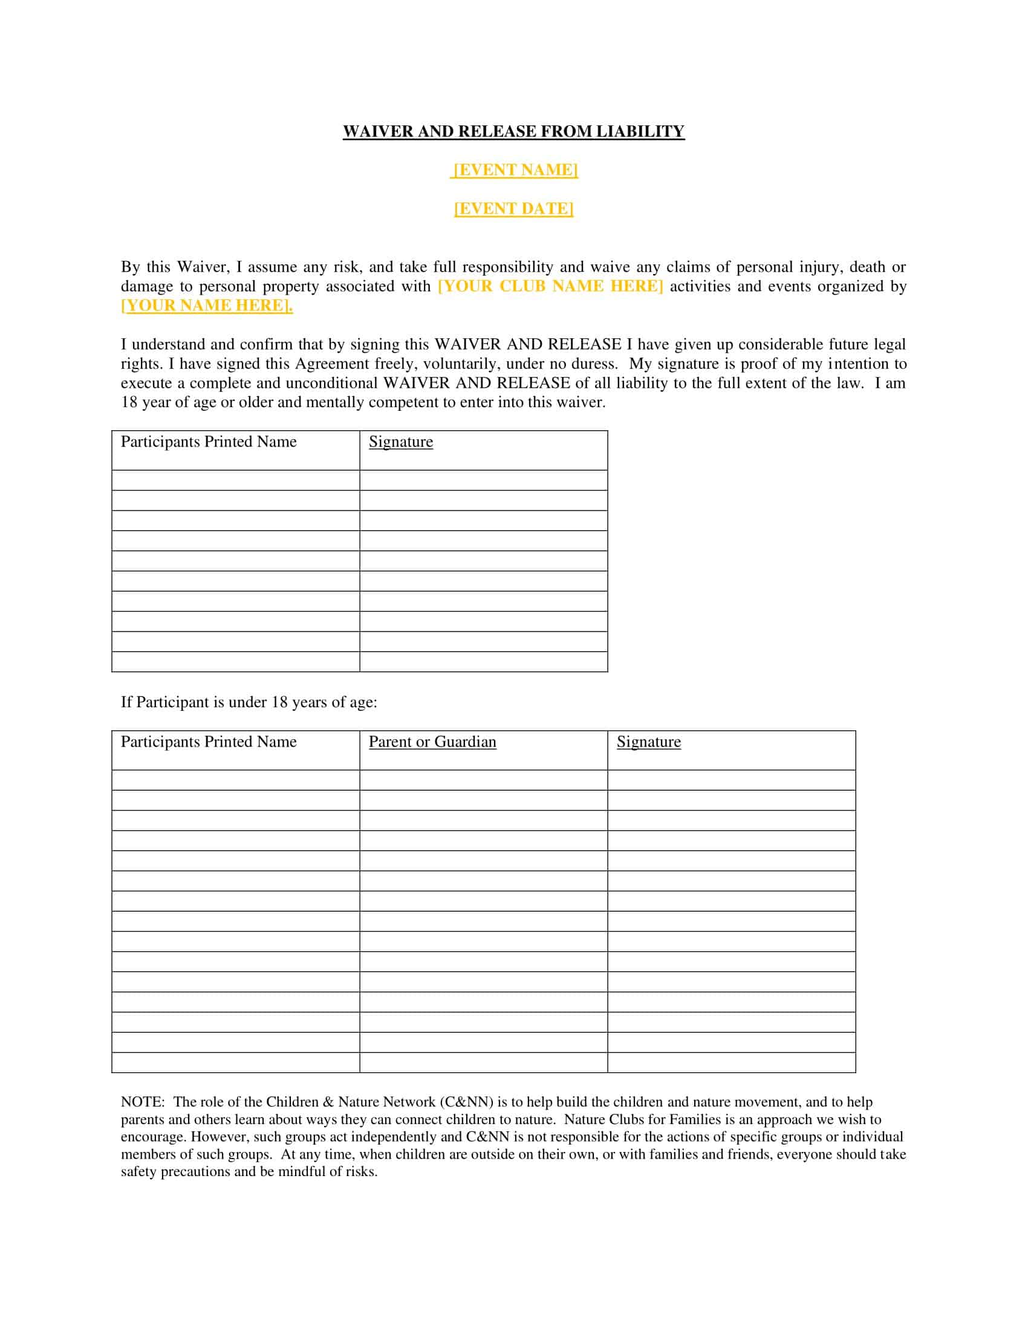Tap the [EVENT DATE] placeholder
click(x=513, y=209)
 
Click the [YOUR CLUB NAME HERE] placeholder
click(x=550, y=286)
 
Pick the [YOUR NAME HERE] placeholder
click(x=206, y=306)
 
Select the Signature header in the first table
click(x=401, y=442)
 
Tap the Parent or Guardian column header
click(x=432, y=742)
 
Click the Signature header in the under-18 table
click(x=649, y=742)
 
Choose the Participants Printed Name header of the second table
click(x=208, y=742)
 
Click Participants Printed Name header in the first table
click(x=208, y=442)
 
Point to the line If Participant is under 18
click(x=249, y=702)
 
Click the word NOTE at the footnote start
click(x=142, y=1102)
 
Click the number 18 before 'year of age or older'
click(x=129, y=402)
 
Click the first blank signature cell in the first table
click(x=484, y=480)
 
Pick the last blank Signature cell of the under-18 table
click(x=732, y=1062)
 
